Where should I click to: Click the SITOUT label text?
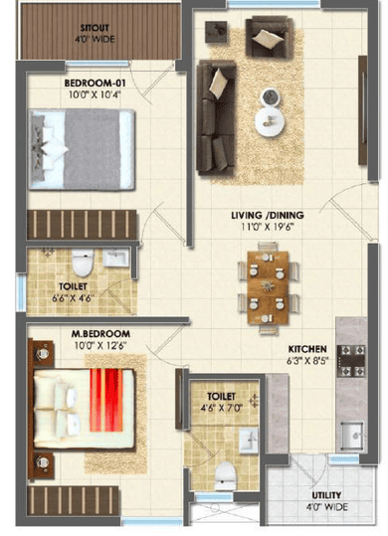point(95,28)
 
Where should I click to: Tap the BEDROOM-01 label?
point(96,83)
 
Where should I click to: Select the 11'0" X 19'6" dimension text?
point(268,227)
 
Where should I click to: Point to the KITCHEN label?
point(307,349)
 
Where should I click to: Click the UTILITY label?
point(326,495)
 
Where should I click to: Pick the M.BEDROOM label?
point(100,334)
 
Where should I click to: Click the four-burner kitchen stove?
point(351,361)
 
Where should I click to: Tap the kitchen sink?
point(352,436)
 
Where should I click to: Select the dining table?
point(268,287)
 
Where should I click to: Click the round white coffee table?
point(270,122)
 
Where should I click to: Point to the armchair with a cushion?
point(270,36)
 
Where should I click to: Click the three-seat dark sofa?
point(216,117)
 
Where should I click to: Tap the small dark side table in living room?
point(216,32)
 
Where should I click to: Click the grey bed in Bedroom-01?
point(82,149)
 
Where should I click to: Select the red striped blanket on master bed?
point(106,400)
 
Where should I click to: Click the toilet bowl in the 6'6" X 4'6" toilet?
point(83,263)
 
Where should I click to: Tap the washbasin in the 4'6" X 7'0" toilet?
point(248,441)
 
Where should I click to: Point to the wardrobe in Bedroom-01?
point(82,225)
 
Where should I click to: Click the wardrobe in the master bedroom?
point(74,500)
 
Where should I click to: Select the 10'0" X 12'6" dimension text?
point(100,346)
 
